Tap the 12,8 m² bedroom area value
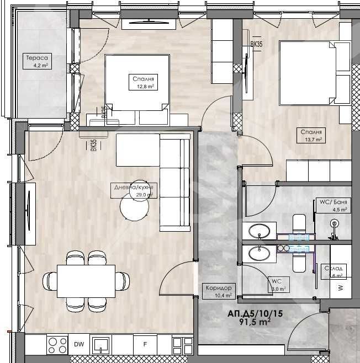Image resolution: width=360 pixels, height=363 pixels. click(142, 87)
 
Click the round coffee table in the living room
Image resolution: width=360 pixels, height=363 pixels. click(134, 207)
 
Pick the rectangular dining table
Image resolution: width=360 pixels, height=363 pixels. click(87, 281)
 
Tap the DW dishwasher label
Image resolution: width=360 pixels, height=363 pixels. click(79, 345)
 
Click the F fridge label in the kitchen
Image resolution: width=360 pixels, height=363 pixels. click(145, 345)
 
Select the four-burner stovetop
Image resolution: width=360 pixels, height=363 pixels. click(56, 345)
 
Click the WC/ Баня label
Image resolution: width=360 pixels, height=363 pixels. click(333, 202)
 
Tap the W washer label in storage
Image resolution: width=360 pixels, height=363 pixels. click(340, 287)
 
